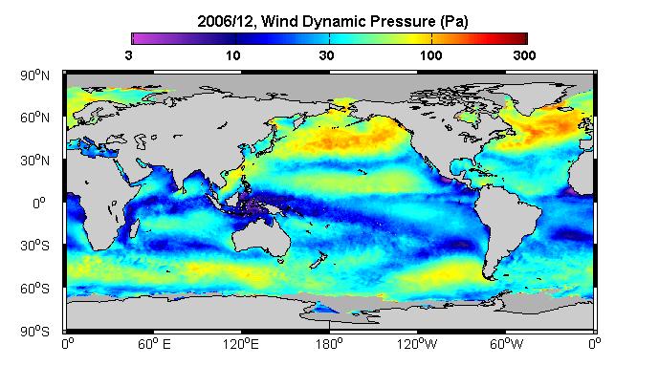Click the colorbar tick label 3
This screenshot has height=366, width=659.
point(128,55)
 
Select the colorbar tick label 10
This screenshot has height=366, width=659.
point(232,55)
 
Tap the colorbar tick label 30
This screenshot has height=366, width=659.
point(326,55)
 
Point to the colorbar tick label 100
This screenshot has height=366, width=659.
point(430,55)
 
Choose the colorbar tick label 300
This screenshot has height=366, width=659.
point(524,55)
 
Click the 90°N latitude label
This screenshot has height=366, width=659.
point(34,75)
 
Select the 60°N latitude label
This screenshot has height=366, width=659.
point(34,118)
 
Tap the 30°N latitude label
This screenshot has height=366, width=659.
point(34,161)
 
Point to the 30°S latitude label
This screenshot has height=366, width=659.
point(34,246)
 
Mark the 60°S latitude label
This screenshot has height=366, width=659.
point(34,289)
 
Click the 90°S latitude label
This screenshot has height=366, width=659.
point(34,332)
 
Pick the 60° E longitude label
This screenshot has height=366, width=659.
point(154,344)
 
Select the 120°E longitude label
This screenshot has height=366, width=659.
point(241,344)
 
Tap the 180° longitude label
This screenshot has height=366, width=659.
point(329,344)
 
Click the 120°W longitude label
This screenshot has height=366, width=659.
point(417,344)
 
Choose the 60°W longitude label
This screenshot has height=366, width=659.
point(506,344)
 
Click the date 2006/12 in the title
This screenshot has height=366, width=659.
point(226,21)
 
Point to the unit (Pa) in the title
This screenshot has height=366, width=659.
point(454,21)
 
